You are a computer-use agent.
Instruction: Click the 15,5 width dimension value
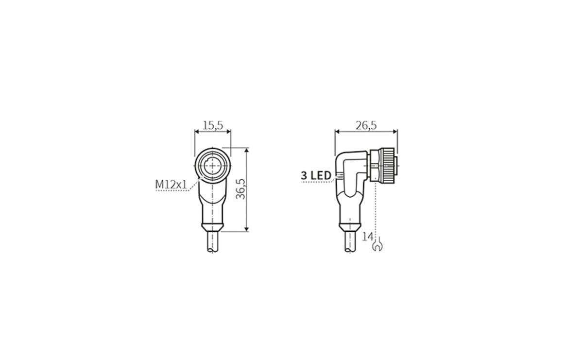pyautogui.click(x=212, y=125)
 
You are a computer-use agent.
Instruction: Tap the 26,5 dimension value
pyautogui.click(x=366, y=125)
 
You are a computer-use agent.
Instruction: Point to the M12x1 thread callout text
pyautogui.click(x=171, y=185)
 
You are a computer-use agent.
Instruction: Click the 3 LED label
pyautogui.click(x=316, y=175)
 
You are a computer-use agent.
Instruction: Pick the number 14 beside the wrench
pyautogui.click(x=368, y=237)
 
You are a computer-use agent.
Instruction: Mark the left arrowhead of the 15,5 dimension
pyautogui.click(x=196, y=131)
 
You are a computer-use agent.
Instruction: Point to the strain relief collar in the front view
pyautogui.click(x=212, y=227)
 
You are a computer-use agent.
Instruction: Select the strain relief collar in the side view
pyautogui.click(x=350, y=227)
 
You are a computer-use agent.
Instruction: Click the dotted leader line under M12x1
pyautogui.click(x=172, y=191)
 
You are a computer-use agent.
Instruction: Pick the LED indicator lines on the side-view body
pyautogui.click(x=338, y=177)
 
